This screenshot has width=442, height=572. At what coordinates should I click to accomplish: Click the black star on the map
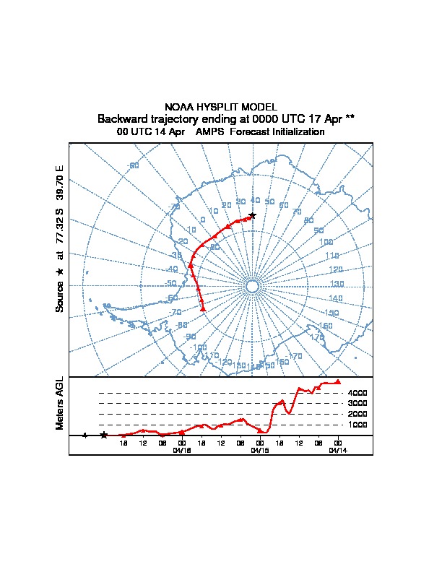click(x=252, y=215)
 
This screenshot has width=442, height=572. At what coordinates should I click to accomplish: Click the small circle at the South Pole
click(x=252, y=287)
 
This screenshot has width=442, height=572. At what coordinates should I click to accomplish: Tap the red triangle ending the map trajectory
click(x=203, y=309)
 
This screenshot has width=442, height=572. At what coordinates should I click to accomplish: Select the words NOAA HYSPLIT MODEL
click(x=221, y=107)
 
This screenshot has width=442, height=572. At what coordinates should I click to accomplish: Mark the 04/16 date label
click(x=182, y=449)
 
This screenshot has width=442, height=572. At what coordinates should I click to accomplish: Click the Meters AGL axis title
click(x=60, y=403)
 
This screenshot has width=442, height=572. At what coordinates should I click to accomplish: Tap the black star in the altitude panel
click(x=104, y=435)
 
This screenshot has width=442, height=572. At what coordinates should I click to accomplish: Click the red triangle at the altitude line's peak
click(x=338, y=382)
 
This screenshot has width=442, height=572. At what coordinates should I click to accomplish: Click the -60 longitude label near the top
click(x=133, y=166)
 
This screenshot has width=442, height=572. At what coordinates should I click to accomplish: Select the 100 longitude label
click(x=326, y=242)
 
